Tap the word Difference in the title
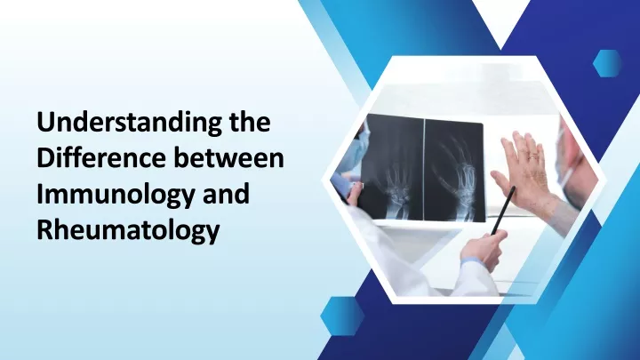pyautogui.click(x=102, y=157)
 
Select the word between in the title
pyautogui.click(x=229, y=157)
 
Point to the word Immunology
pyautogui.click(x=116, y=195)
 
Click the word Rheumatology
pyautogui.click(x=128, y=230)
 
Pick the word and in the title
pyautogui.click(x=226, y=193)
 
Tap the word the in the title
pyautogui.click(x=250, y=122)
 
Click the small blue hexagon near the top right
pyautogui.click(x=607, y=63)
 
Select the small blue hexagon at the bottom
pyautogui.click(x=342, y=316)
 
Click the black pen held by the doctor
pyautogui.click(x=503, y=211)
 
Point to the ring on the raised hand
pyautogui.click(x=533, y=156)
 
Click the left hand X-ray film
pyautogui.click(x=392, y=167)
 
